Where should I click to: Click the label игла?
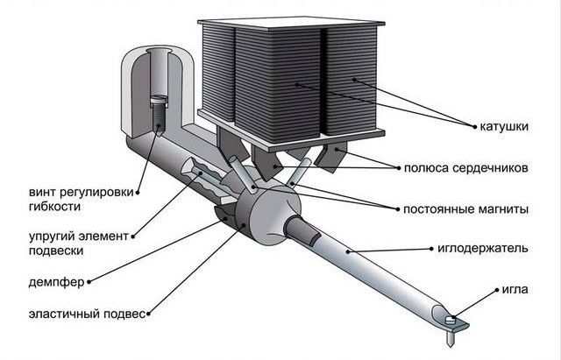[515, 288]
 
